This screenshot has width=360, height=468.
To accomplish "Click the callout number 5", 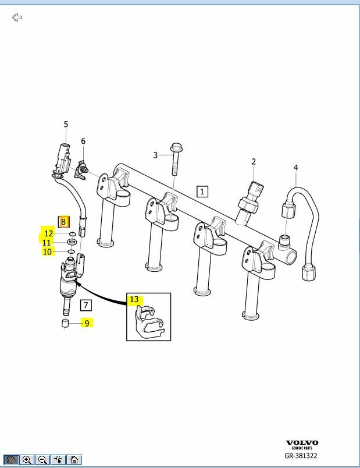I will point(66,124).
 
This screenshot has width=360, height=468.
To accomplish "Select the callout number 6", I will point(83,141).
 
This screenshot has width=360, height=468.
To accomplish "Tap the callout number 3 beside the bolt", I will point(155,155).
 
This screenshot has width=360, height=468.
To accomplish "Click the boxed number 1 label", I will point(202,191).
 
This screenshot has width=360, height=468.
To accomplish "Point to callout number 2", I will point(254,161).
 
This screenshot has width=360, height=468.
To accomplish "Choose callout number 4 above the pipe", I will point(295,168).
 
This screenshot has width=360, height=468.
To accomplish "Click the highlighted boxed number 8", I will point(63,222).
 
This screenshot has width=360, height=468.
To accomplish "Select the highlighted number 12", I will point(49,233).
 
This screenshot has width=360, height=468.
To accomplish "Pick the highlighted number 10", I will point(48,251).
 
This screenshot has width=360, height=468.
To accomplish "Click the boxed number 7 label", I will point(85,305).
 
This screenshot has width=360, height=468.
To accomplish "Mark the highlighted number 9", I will point(87,323).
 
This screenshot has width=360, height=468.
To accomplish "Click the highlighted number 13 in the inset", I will point(134,300).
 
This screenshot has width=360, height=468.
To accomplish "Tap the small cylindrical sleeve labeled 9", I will point(66,324).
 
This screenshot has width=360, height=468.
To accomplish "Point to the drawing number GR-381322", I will point(301,456).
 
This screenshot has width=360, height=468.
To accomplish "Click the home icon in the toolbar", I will point(74,460).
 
